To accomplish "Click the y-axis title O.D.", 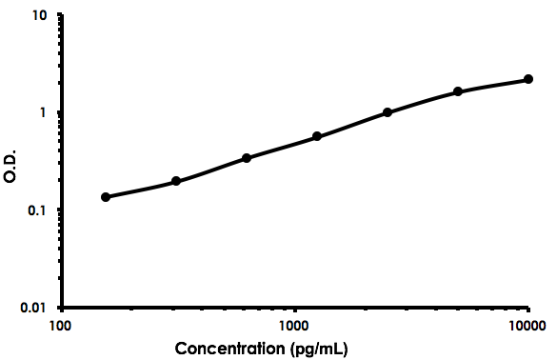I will (x=11, y=163).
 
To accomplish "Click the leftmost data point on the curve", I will (x=106, y=197).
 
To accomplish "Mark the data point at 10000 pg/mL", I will (x=528, y=80).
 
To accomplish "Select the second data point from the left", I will (x=176, y=181).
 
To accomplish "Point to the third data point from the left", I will (x=247, y=157).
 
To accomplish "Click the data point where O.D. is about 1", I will (x=388, y=112).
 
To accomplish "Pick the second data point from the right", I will (x=458, y=91).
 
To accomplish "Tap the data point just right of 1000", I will (x=317, y=136).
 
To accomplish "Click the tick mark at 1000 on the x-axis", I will (x=295, y=310).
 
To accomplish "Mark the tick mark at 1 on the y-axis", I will (x=61, y=112).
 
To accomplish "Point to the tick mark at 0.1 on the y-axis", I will (x=61, y=210).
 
